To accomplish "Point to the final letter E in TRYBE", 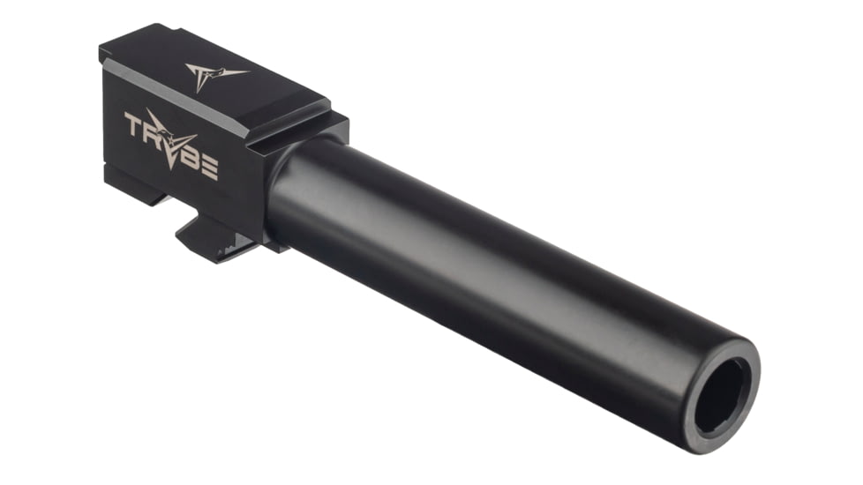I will (209, 165).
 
